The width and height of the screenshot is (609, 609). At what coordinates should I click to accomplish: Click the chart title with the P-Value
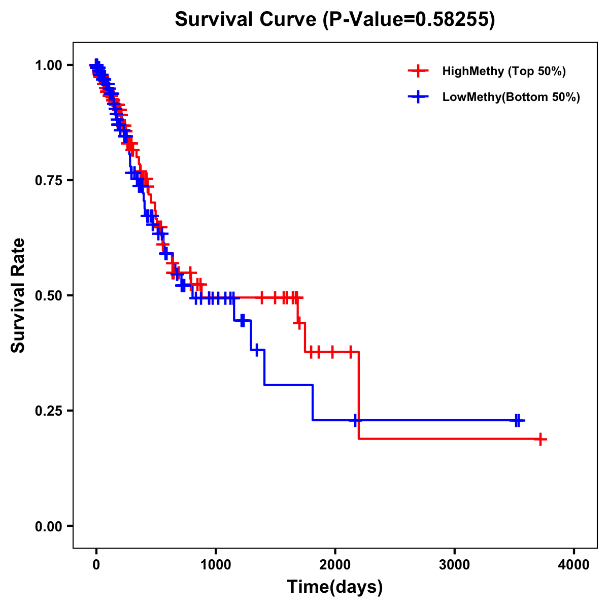[x=335, y=19]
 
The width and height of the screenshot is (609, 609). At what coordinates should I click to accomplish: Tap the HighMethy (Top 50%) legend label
[x=504, y=71]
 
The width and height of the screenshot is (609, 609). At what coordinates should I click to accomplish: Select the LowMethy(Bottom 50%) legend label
[x=511, y=97]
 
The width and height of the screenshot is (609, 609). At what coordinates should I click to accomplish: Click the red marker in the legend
[x=418, y=71]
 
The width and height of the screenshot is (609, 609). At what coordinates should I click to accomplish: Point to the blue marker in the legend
[x=418, y=97]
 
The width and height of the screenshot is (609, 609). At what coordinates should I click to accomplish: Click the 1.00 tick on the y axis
[x=49, y=65]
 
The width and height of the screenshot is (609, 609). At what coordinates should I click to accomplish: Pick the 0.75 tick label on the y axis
[x=49, y=181]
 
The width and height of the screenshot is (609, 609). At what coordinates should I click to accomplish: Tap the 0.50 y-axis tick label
[x=49, y=296]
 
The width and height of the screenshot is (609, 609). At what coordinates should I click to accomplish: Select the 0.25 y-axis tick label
[x=49, y=411]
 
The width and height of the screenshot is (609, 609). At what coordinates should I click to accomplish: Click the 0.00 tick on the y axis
[x=49, y=526]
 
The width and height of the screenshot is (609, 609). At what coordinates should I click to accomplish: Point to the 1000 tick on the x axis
[x=216, y=565]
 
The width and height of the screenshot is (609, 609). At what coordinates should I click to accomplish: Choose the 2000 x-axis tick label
[x=335, y=565]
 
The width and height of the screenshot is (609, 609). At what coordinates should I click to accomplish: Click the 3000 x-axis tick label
[x=455, y=565]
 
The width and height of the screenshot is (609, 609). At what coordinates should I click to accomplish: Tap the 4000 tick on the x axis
[x=574, y=565]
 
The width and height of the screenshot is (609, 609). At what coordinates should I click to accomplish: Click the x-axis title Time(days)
[x=335, y=587]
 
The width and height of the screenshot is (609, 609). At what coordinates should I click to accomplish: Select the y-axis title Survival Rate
[x=18, y=295]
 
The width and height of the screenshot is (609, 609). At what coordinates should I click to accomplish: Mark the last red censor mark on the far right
[x=541, y=439]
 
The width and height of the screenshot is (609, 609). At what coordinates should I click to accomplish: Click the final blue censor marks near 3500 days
[x=517, y=420]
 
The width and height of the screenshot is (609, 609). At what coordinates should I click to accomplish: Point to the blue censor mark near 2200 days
[x=355, y=420]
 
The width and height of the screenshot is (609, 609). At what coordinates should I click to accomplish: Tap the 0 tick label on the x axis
[x=96, y=565]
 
